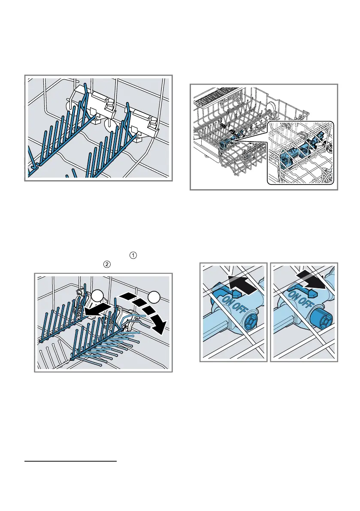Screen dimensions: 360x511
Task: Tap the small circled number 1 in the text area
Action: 133,256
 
